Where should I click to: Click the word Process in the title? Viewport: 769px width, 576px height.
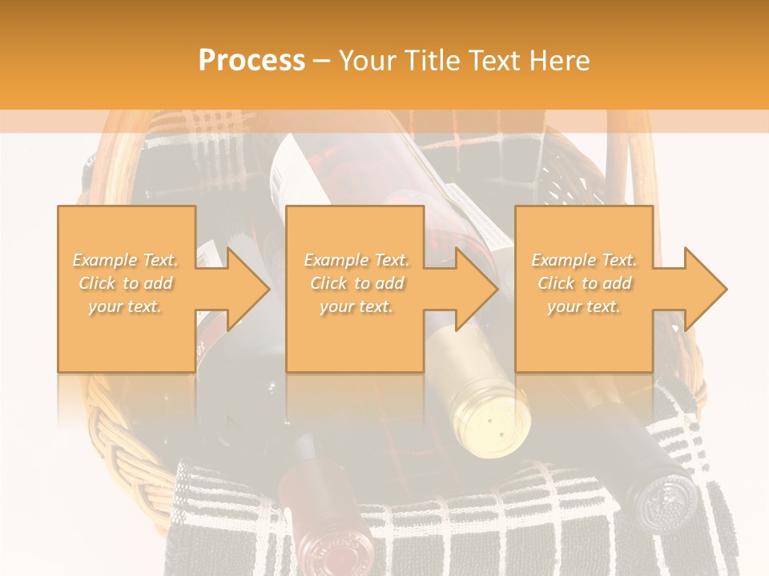[252, 61]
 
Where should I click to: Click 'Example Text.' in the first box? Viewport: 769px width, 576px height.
[126, 260]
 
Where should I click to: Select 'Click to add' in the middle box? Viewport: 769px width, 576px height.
[356, 283]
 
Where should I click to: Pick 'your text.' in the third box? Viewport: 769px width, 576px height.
[584, 306]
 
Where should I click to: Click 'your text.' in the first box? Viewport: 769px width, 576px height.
[126, 306]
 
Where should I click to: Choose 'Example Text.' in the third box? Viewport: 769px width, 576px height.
[584, 260]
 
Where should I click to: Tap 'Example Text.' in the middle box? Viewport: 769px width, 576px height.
[356, 260]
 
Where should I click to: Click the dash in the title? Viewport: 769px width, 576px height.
[321, 62]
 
